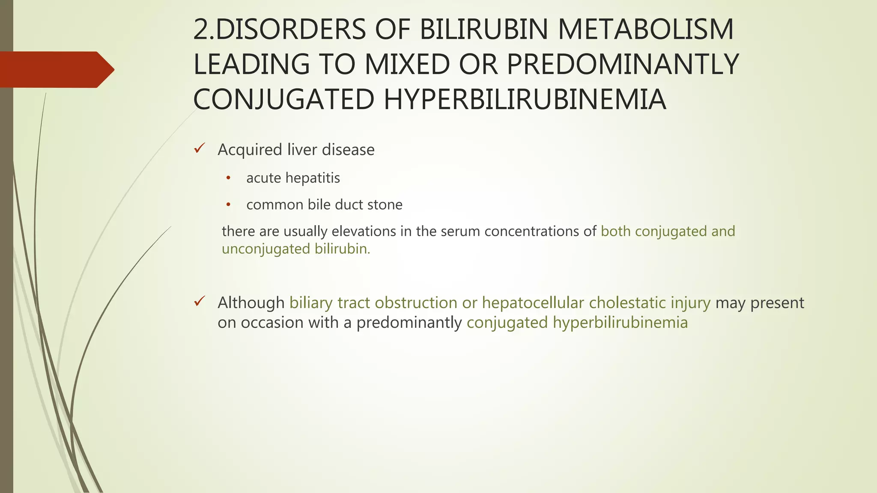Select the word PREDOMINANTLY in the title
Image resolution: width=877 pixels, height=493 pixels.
point(623,65)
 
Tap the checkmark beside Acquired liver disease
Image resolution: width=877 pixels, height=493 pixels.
point(200,148)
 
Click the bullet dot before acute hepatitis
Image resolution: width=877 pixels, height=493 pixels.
point(228,178)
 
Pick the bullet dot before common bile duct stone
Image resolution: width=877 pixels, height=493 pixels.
point(228,205)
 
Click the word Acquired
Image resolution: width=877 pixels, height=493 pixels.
point(250,150)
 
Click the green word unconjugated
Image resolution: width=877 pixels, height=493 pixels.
point(266,249)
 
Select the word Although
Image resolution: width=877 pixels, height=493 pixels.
point(251,303)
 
